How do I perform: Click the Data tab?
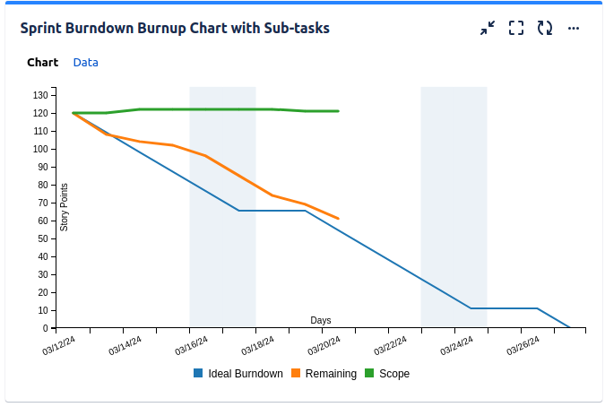tap(86, 63)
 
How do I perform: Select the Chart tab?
tap(42, 63)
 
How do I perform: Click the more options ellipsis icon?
tap(574, 28)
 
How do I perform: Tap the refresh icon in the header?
tap(545, 28)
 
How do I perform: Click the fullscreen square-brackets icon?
tap(516, 28)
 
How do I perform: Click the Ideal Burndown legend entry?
tap(238, 374)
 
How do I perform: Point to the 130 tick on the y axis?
tap(40, 95)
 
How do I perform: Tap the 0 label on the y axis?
tap(46, 328)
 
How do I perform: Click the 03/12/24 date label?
tap(59, 345)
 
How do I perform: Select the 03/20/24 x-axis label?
tap(324, 345)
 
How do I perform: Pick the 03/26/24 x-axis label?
tap(523, 345)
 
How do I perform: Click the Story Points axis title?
tap(65, 207)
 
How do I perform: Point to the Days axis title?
tap(321, 320)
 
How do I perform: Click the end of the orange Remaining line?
tap(338, 218)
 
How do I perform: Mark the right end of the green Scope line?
tap(338, 111)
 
